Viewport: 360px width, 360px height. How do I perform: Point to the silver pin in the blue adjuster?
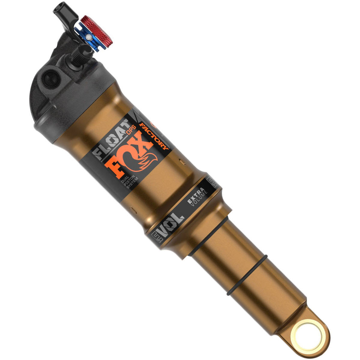pos(88,37)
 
